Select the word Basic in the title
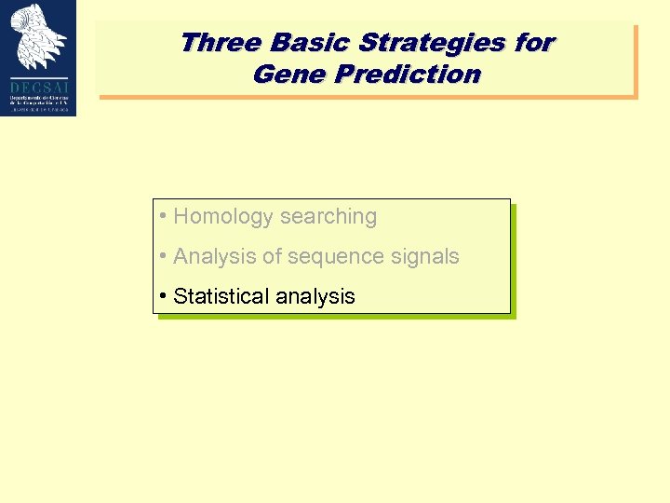305,43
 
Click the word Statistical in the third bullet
218,297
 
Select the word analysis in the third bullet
312,297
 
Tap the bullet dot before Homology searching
162,217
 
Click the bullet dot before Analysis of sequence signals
162,256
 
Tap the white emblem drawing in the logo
38,35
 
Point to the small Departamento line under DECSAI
38,95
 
